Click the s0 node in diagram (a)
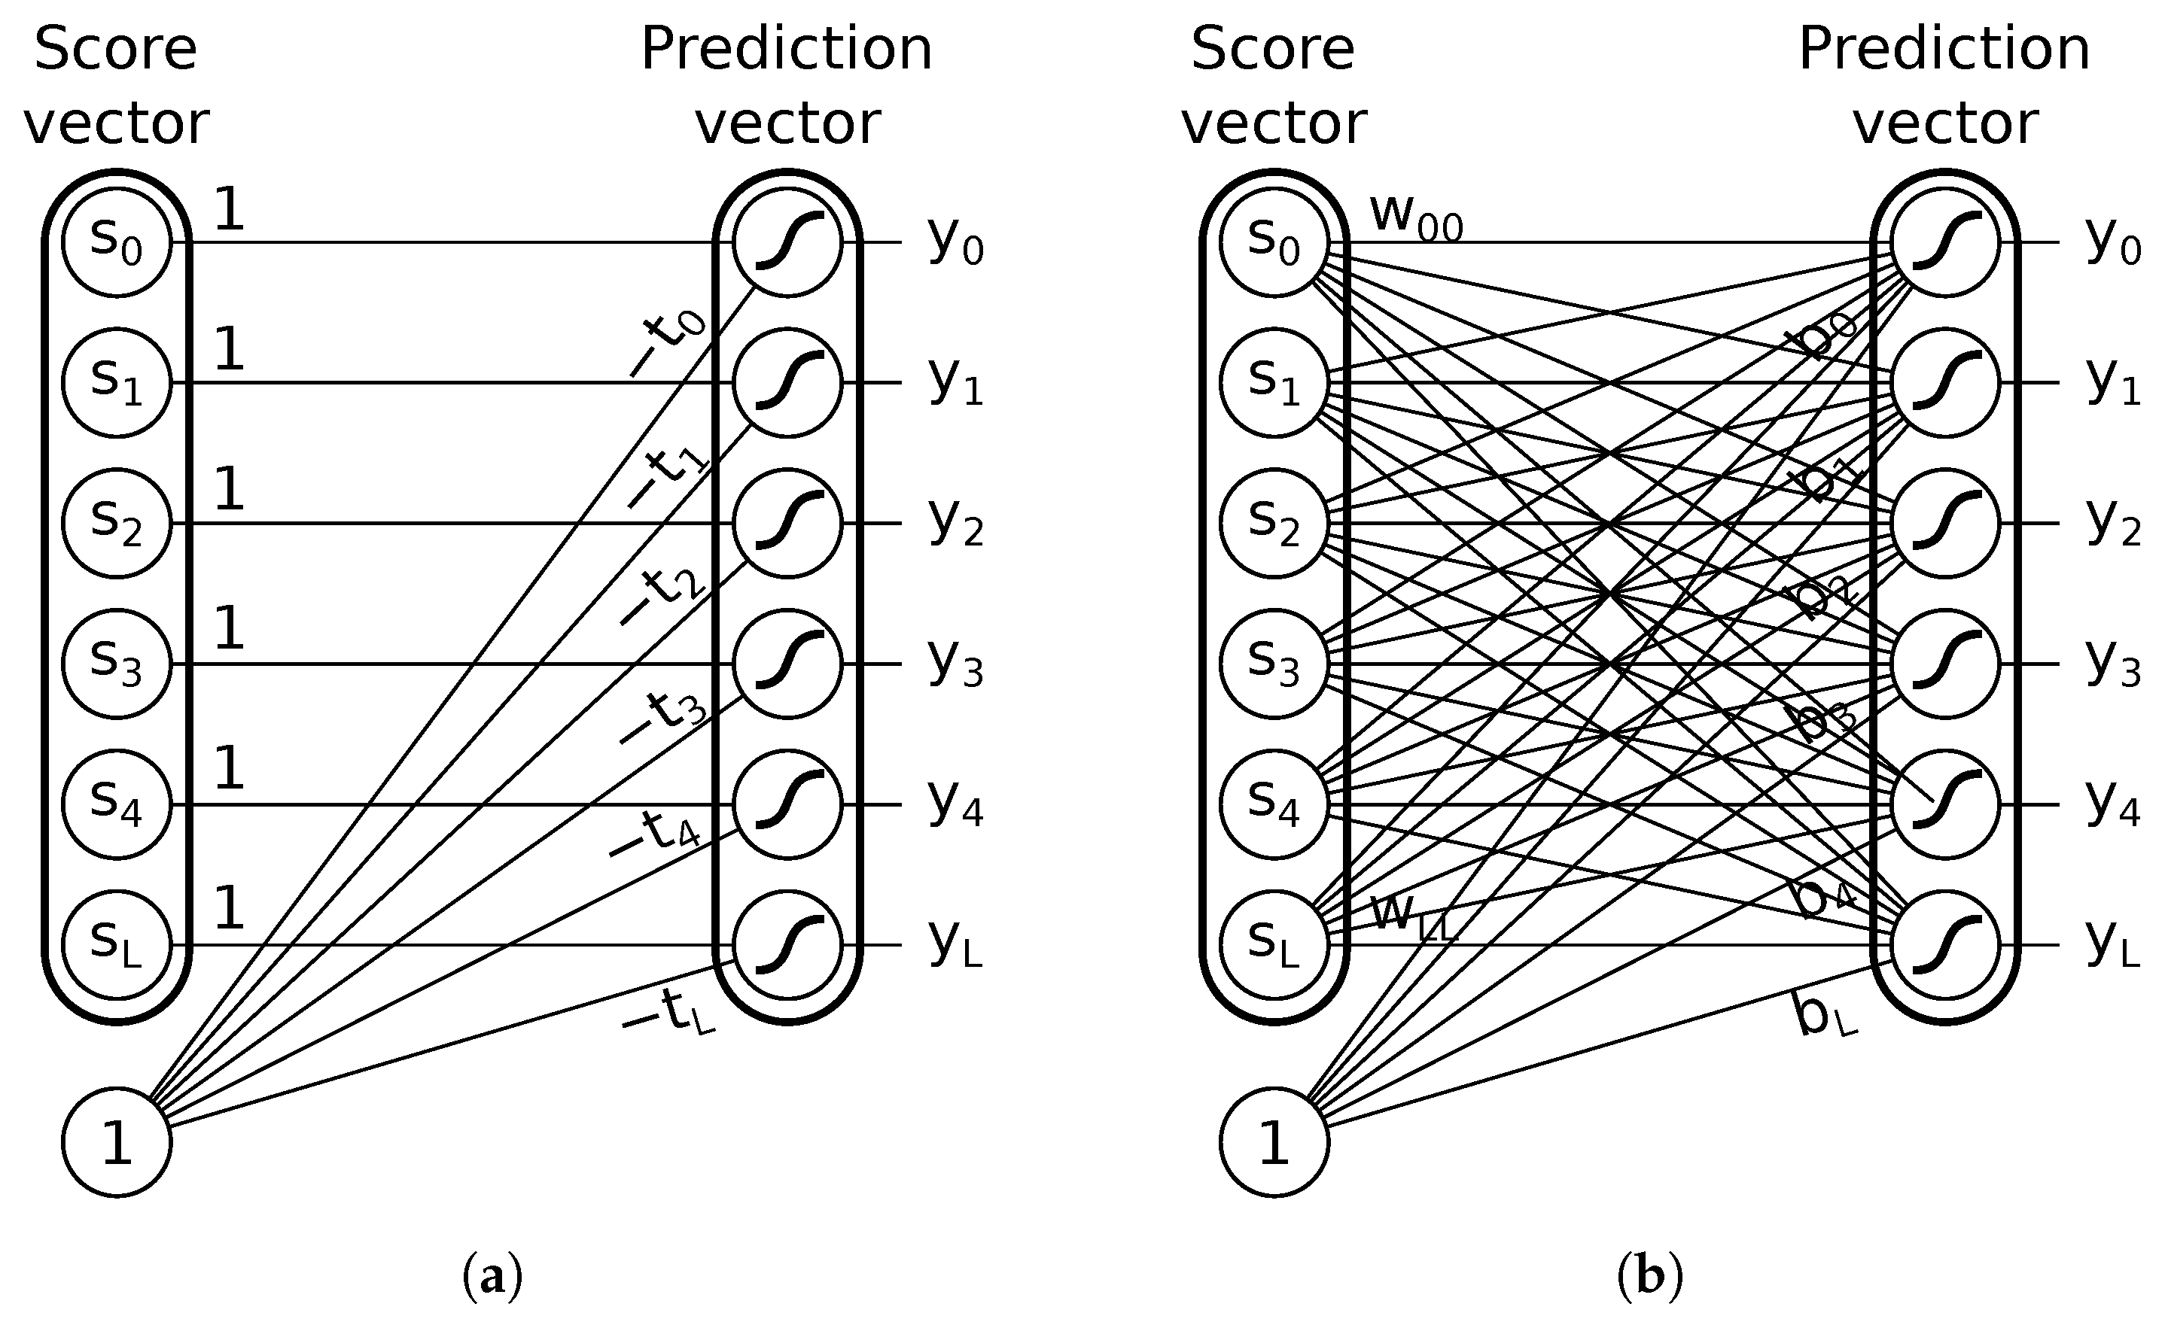(116, 242)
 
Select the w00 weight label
(1414, 215)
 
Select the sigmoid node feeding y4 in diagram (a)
(787, 804)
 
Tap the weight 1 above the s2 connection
(229, 489)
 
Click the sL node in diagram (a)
(116, 945)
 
